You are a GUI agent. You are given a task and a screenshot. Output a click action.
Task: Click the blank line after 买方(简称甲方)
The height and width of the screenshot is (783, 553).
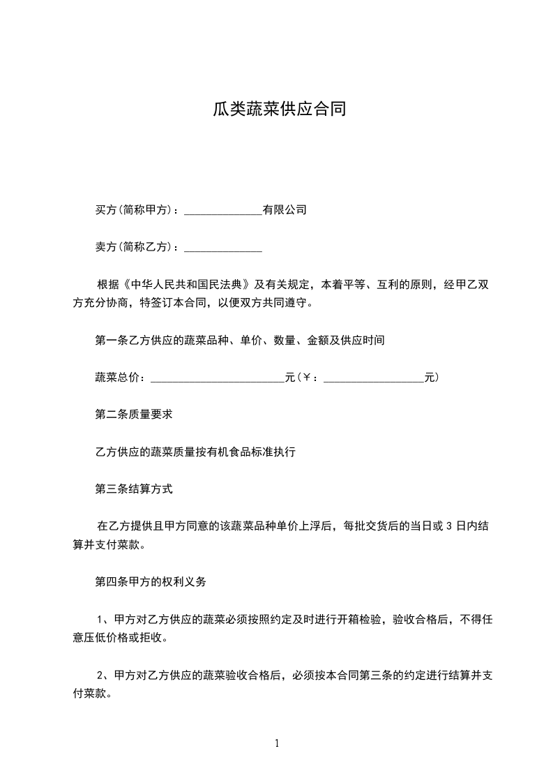[x=222, y=210]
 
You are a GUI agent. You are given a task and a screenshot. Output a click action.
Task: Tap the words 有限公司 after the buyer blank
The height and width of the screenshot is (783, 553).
[x=285, y=209]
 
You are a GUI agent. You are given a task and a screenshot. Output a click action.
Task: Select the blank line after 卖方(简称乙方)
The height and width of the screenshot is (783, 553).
[x=222, y=248]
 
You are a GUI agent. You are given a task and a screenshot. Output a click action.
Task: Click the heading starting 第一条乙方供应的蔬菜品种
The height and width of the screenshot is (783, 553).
[x=240, y=341]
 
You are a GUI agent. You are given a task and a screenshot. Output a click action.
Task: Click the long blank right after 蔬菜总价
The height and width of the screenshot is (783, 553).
[x=218, y=378]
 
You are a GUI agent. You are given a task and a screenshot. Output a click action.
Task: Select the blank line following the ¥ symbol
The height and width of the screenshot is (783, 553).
[x=374, y=378]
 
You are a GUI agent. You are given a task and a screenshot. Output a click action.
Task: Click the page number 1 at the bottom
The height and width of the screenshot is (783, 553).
[x=277, y=743]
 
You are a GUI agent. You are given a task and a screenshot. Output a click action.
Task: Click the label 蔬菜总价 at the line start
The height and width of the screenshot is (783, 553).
[x=116, y=378]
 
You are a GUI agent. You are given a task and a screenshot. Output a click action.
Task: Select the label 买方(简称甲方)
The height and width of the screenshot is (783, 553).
[x=136, y=209]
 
